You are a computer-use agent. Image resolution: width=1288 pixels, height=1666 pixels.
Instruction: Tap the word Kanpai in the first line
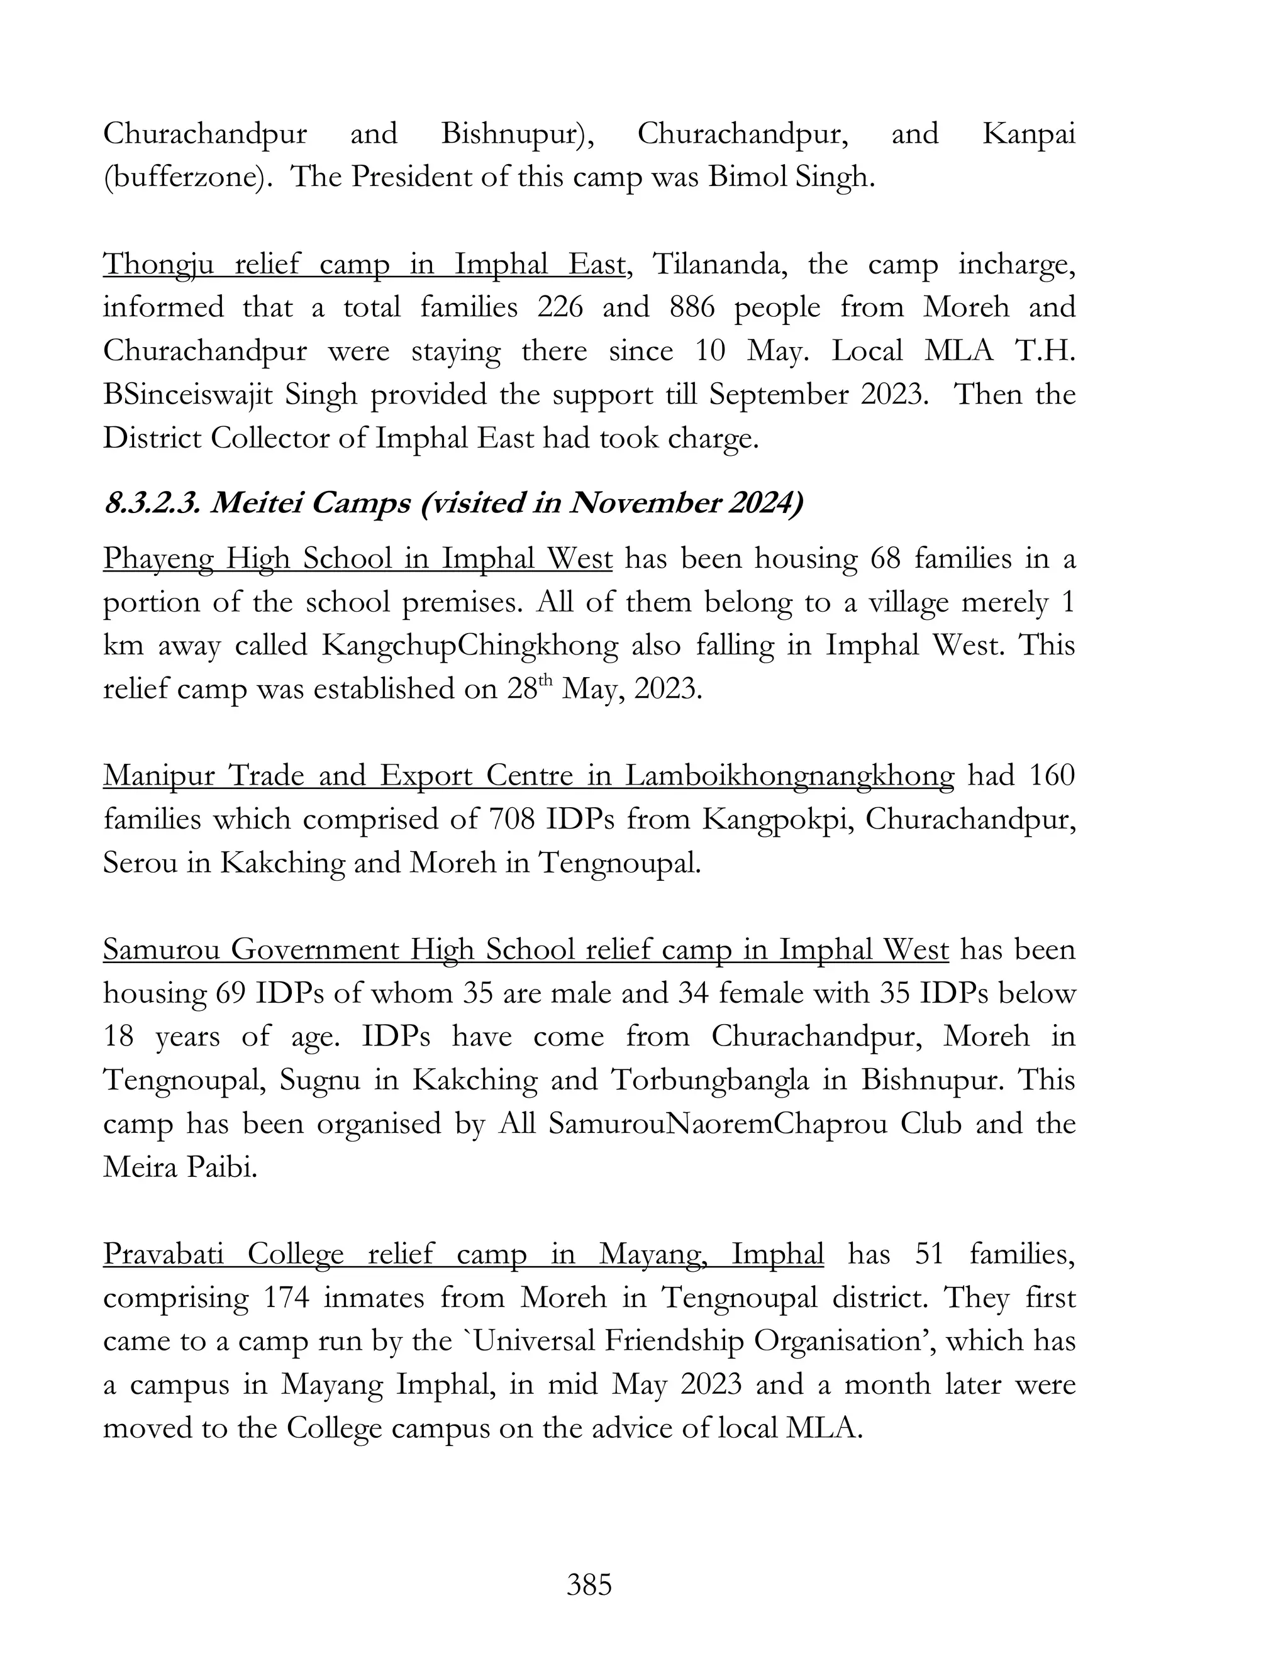(x=1028, y=135)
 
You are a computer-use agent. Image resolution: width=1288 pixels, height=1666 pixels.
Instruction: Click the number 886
(x=692, y=308)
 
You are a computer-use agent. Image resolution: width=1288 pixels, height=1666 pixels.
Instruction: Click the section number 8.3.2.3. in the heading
(x=150, y=504)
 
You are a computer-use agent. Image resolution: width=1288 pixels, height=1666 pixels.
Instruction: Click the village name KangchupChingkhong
(x=469, y=646)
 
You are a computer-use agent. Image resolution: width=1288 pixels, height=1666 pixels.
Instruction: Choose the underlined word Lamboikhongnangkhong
(x=789, y=776)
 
